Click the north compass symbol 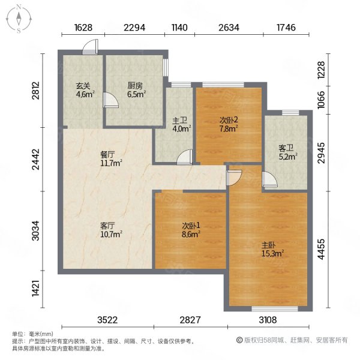(19, 19)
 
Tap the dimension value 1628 (83, 28)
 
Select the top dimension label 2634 (229, 28)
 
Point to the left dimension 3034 (36, 231)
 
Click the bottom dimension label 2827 (190, 320)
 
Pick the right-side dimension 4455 (321, 249)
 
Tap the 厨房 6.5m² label (137, 90)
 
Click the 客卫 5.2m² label (288, 152)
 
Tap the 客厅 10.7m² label (111, 230)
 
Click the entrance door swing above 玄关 (91, 47)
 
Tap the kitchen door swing (110, 100)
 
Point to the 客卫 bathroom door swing (269, 179)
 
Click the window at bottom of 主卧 (275, 309)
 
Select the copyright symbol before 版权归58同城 (239, 340)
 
